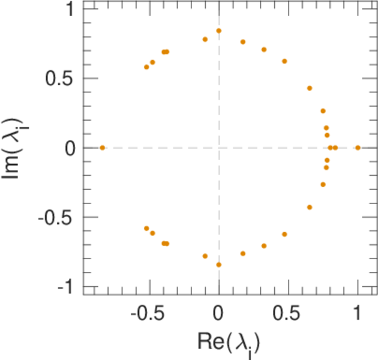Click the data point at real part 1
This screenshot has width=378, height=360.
pos(358,148)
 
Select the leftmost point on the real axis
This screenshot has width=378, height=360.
pos(103,148)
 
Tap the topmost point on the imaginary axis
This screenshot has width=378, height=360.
pos(218,31)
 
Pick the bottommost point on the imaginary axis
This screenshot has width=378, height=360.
pos(218,265)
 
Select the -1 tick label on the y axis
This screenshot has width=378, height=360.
pos(66,287)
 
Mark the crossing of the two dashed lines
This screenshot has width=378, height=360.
pos(218,148)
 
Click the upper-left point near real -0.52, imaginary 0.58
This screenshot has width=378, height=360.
pos(146,67)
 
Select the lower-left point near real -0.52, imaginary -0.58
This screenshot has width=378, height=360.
pos(146,229)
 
